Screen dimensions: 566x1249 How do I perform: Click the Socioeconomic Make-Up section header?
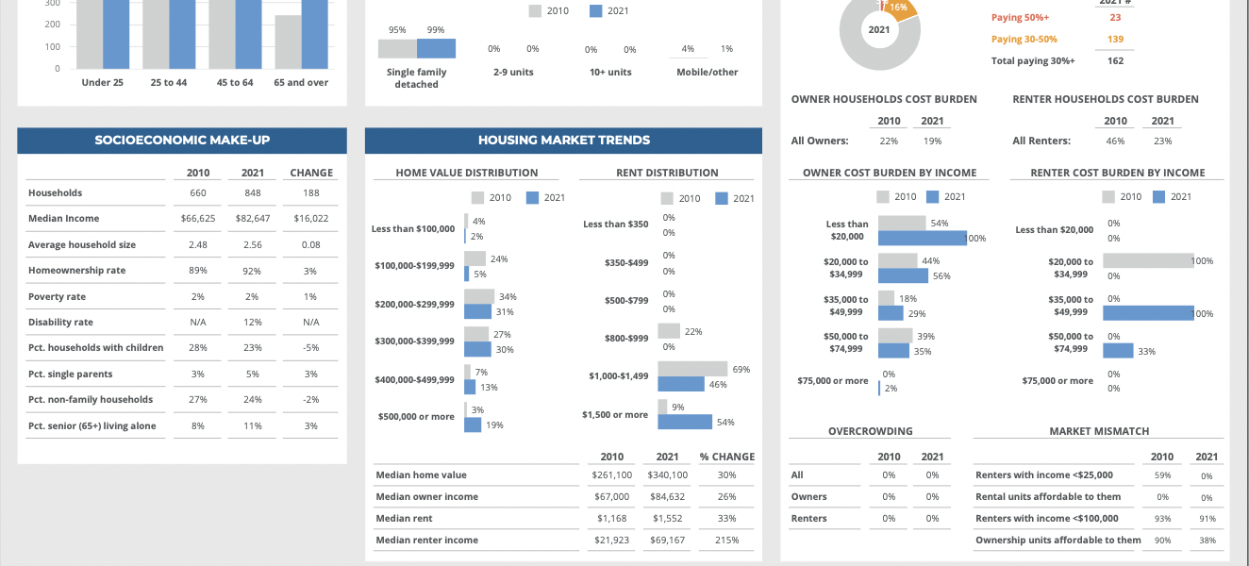tap(182, 141)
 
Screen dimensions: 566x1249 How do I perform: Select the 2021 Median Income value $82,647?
tap(253, 219)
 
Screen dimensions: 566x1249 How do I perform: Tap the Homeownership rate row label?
tap(76, 271)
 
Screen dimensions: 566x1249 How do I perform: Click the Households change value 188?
tap(311, 193)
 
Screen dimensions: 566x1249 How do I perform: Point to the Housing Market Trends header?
tap(563, 141)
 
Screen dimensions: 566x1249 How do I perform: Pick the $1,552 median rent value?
tap(667, 519)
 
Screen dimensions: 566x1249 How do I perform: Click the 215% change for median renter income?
tap(726, 541)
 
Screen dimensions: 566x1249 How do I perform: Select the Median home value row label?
tap(421, 475)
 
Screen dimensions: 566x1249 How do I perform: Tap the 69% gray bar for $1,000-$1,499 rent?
tap(692, 369)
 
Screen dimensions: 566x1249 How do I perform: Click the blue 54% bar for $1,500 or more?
tap(685, 422)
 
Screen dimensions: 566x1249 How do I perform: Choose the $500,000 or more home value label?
tap(416, 417)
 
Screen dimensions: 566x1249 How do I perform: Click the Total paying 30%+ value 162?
tap(1115, 61)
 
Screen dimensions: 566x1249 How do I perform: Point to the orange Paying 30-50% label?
tap(1024, 40)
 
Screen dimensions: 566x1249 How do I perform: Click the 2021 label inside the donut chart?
tap(878, 30)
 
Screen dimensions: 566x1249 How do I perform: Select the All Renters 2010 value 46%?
tap(1115, 141)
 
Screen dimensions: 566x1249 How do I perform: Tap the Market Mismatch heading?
tap(1099, 431)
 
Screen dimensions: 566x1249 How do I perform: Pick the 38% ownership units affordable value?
tap(1207, 541)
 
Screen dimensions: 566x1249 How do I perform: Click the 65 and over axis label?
tap(301, 83)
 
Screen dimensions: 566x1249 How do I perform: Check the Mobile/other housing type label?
tap(707, 73)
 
